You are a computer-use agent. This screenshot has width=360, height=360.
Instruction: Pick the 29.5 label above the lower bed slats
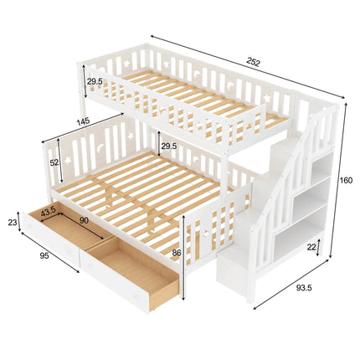click(x=168, y=147)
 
